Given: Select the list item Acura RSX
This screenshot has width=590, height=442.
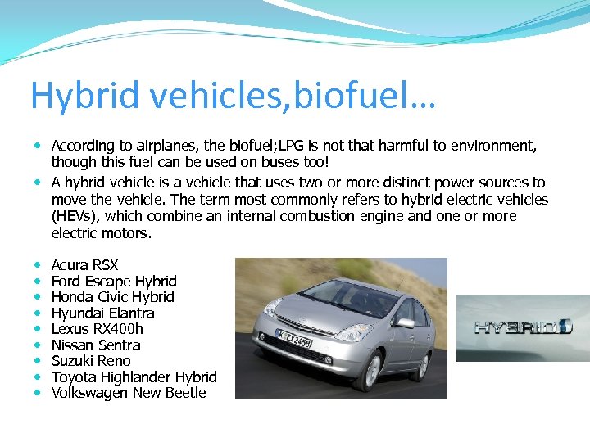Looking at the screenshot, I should (84, 265).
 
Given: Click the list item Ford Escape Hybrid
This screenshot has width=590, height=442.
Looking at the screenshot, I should (114, 282).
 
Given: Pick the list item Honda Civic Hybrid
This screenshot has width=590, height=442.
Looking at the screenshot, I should (112, 297).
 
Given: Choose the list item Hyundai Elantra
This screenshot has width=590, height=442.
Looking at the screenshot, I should (102, 313).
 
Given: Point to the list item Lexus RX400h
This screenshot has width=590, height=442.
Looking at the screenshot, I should (97, 329).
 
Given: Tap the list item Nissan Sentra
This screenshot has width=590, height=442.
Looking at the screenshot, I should (96, 345).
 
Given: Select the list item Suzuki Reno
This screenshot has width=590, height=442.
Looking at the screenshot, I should (91, 361).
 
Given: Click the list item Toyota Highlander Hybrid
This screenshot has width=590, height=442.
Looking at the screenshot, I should (134, 377).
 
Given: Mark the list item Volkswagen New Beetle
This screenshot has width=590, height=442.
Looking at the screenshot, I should (129, 393).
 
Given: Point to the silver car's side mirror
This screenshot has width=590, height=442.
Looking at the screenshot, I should (404, 323).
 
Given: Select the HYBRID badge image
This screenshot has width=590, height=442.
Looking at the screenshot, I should (523, 327).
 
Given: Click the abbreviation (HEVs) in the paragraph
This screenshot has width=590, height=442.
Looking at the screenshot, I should (76, 216).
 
